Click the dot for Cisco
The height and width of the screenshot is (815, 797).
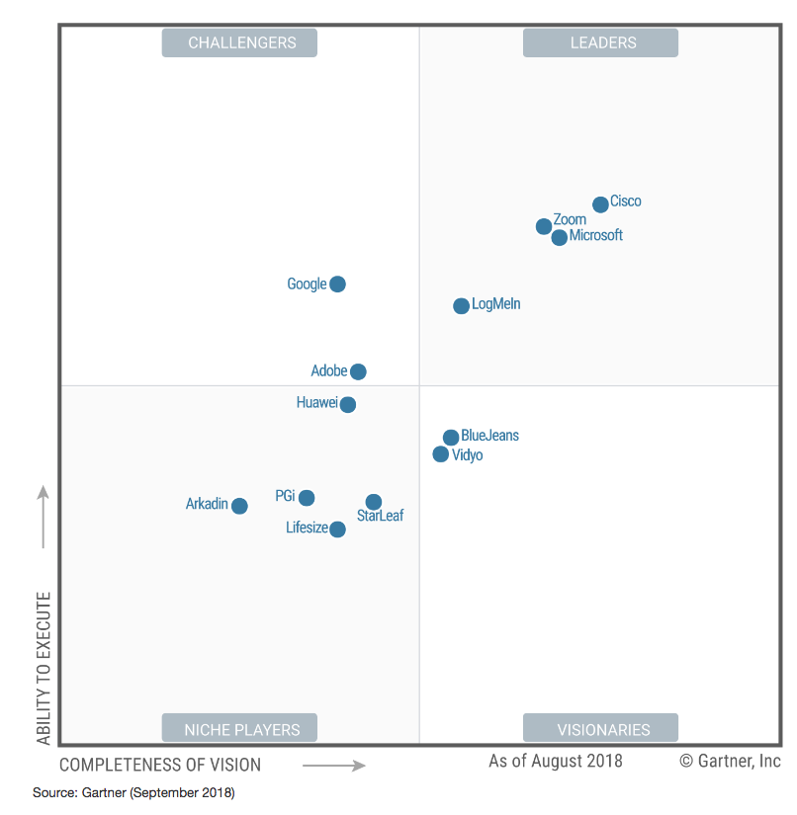(x=600, y=204)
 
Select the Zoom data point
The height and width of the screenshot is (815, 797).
(x=544, y=226)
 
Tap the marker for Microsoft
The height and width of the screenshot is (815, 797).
(x=560, y=237)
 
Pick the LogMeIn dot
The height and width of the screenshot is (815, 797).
(x=461, y=306)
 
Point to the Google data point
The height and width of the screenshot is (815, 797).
(x=337, y=285)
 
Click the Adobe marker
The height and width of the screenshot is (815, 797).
(x=358, y=371)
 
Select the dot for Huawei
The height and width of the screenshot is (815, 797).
(x=347, y=404)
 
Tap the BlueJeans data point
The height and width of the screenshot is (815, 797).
(x=451, y=437)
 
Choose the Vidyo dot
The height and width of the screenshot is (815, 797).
(x=441, y=454)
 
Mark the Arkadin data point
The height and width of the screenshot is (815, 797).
(x=239, y=506)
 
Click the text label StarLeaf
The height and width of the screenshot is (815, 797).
(x=381, y=516)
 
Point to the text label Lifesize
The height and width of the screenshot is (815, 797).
(x=307, y=528)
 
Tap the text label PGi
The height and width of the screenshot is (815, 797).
(x=286, y=496)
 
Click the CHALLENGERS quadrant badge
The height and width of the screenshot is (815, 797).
(x=240, y=42)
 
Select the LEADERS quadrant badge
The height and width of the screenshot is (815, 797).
(x=601, y=42)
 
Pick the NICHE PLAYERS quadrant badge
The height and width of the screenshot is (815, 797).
(x=240, y=729)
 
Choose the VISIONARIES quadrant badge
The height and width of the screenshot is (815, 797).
(x=601, y=729)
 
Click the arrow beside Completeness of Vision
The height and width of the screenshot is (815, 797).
(x=334, y=765)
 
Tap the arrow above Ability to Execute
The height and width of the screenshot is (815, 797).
(x=44, y=516)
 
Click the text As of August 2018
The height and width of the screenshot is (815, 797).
(x=556, y=761)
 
